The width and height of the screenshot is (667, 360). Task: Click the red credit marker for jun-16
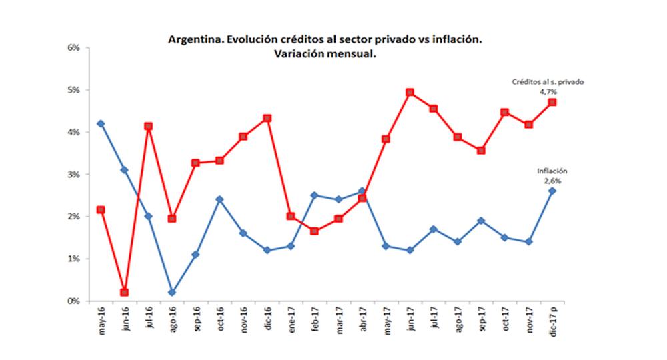point(124,292)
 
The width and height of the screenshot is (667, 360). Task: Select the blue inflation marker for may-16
point(101,123)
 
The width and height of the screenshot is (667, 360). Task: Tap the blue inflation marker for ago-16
point(172,292)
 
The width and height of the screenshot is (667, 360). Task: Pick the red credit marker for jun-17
point(410,92)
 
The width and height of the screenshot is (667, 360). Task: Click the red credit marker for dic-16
point(267,118)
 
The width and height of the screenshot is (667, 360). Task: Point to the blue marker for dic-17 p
point(552,191)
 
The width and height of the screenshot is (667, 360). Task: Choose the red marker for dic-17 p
point(552,102)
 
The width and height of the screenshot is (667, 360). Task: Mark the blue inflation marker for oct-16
point(219,199)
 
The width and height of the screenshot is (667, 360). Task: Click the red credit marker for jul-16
point(148,126)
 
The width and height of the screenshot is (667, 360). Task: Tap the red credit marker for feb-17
point(314,231)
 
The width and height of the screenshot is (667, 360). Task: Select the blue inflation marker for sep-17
point(481,221)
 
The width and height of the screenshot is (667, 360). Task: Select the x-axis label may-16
point(101,323)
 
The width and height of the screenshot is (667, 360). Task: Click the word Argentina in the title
point(195,40)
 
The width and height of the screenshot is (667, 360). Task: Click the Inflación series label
point(552,171)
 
